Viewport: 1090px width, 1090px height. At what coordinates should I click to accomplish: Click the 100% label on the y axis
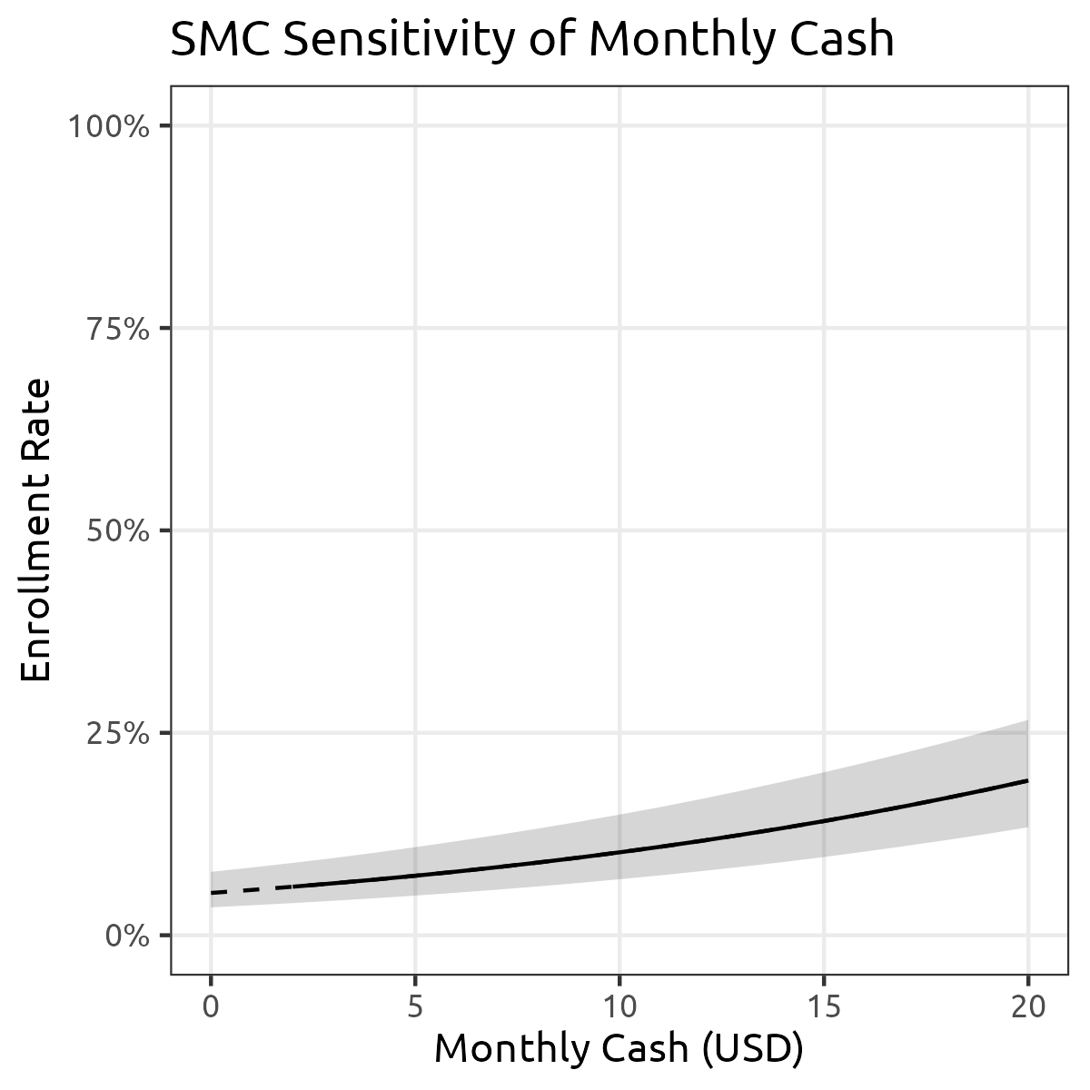tap(108, 125)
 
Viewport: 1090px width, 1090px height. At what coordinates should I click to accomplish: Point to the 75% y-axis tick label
tap(116, 328)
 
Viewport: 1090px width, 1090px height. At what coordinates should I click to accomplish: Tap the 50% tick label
tap(116, 530)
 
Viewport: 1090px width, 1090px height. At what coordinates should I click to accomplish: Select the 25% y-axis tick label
tap(116, 733)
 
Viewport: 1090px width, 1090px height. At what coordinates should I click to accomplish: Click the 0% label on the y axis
tap(127, 936)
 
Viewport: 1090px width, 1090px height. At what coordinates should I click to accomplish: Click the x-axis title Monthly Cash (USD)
tap(619, 1049)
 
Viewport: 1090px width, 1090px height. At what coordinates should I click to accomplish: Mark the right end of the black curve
tap(1027, 780)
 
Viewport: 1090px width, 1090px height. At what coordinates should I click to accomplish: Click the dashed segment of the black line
tap(241, 890)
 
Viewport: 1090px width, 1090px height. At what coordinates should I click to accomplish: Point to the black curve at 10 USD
tap(619, 852)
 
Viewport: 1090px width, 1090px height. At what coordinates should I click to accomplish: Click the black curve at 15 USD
tap(824, 821)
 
